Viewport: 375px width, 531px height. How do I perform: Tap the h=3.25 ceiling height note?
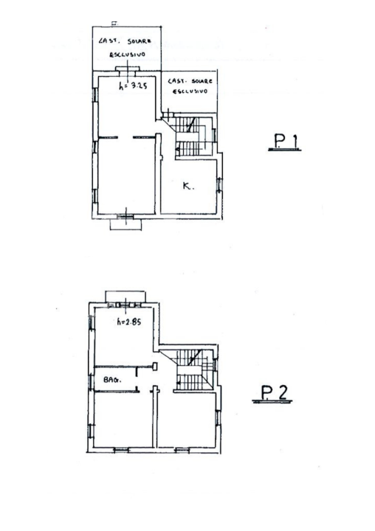tap(134, 85)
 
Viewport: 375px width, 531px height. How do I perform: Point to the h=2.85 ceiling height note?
tap(130, 322)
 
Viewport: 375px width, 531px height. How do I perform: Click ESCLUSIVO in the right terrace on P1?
tap(190, 91)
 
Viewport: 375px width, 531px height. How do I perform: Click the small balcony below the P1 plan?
tap(125, 223)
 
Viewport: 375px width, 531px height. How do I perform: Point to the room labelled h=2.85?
tap(124, 336)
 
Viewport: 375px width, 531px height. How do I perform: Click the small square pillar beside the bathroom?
tap(156, 365)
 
